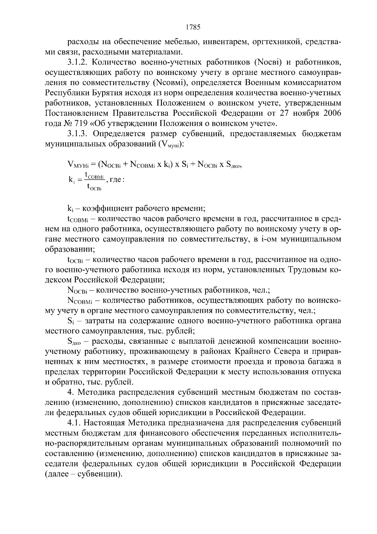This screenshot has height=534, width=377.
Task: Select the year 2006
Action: (332, 113)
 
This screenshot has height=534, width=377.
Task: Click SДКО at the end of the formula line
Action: (233, 164)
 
